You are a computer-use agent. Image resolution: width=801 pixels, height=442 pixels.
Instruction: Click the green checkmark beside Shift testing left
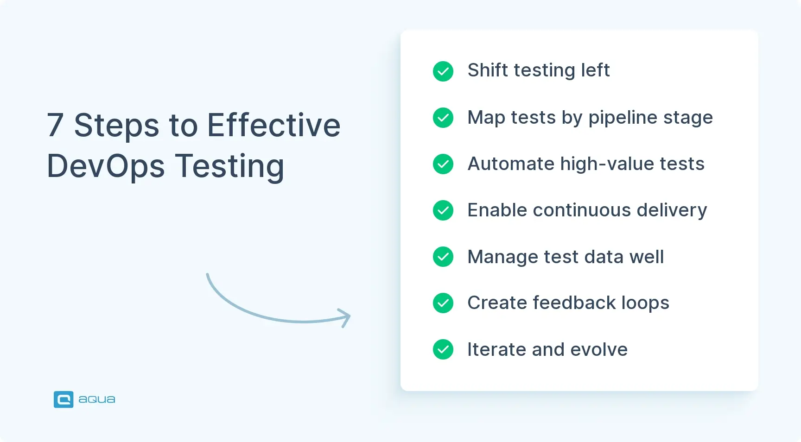(443, 71)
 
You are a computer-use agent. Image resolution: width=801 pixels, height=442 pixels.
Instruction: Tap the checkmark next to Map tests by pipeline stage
(443, 118)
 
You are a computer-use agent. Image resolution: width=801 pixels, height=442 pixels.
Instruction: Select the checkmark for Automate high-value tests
(443, 164)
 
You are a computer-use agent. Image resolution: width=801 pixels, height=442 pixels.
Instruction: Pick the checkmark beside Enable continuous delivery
(443, 210)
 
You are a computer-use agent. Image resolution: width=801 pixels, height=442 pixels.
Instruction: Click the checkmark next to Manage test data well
(443, 257)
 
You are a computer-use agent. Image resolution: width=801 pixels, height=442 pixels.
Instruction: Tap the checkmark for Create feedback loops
(443, 303)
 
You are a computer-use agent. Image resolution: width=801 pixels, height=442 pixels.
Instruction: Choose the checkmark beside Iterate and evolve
(443, 349)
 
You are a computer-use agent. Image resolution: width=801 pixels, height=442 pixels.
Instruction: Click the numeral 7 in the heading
(55, 125)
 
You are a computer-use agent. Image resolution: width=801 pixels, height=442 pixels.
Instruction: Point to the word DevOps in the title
(106, 166)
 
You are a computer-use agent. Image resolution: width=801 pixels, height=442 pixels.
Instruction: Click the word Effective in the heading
(273, 125)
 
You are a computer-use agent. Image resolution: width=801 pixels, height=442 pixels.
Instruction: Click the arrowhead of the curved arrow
(345, 318)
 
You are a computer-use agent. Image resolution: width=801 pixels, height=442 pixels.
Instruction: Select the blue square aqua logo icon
(64, 399)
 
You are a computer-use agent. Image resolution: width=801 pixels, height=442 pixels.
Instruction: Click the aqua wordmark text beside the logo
(97, 399)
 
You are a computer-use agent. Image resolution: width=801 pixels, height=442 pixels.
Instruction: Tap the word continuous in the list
(582, 210)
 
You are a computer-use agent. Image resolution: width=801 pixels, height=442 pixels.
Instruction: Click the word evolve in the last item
(599, 349)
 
